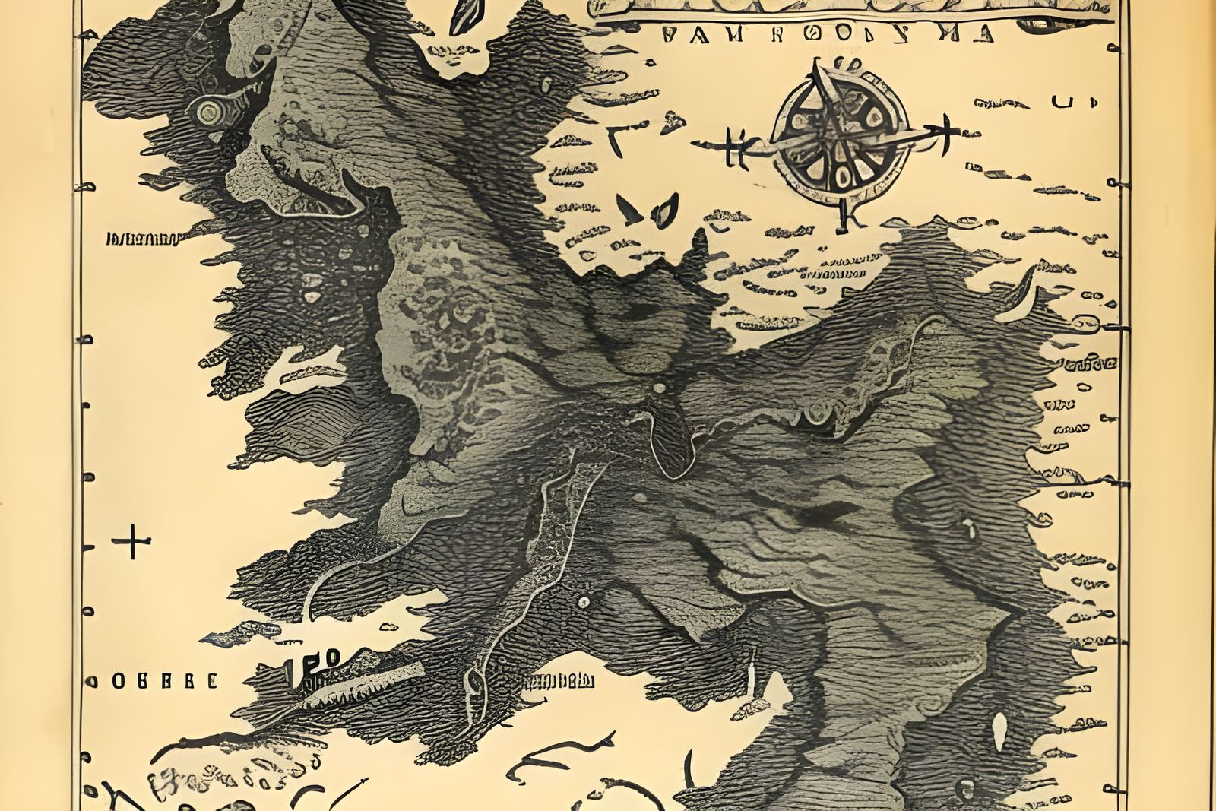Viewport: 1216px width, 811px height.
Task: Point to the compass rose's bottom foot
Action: (x=841, y=220)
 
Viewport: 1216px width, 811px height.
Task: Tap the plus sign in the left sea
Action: (x=131, y=543)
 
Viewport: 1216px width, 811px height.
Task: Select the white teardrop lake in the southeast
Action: (x=999, y=731)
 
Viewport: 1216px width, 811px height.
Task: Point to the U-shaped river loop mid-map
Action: (x=673, y=448)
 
